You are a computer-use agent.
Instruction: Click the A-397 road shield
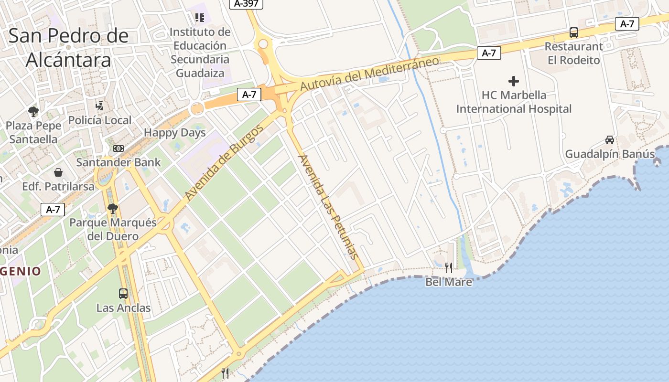(247, 4)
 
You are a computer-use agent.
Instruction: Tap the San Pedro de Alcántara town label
(68, 48)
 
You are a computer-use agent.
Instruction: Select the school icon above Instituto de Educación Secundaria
(200, 18)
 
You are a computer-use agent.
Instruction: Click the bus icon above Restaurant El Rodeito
(574, 32)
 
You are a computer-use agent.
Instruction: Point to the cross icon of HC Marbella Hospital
(514, 81)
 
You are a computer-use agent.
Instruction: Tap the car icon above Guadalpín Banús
(610, 140)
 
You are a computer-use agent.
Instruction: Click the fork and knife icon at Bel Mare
(449, 268)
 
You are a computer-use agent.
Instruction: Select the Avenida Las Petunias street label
(328, 206)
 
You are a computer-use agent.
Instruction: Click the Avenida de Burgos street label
(224, 162)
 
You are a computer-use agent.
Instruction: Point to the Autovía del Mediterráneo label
(369, 74)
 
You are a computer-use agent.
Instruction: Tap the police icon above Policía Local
(99, 106)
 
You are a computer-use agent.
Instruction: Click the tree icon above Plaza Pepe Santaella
(33, 112)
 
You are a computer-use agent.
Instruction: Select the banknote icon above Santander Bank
(119, 149)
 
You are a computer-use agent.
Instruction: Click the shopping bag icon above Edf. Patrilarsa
(58, 172)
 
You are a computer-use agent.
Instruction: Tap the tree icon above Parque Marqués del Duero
(113, 208)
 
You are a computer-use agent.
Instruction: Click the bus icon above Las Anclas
(123, 294)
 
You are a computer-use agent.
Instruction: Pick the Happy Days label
(174, 133)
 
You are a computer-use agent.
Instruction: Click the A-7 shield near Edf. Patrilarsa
(53, 209)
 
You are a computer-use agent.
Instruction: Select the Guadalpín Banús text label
(610, 154)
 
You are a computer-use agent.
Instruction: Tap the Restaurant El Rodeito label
(574, 53)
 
